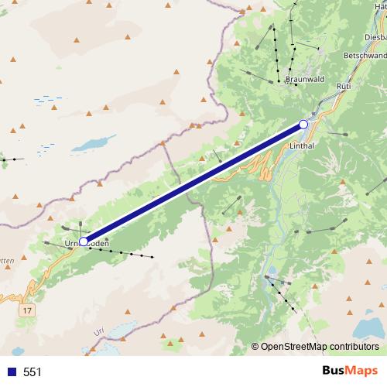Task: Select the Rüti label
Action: pyautogui.click(x=344, y=87)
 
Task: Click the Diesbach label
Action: pyautogui.click(x=373, y=36)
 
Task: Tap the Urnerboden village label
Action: pyautogui.click(x=87, y=244)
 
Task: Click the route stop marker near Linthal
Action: pyautogui.click(x=303, y=124)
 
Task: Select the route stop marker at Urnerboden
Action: pyautogui.click(x=84, y=241)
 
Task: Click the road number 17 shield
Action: pyautogui.click(x=28, y=310)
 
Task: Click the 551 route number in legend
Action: pyautogui.click(x=33, y=372)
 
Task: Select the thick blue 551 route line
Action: pyautogui.click(x=193, y=183)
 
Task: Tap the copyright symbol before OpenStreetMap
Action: pyautogui.click(x=256, y=346)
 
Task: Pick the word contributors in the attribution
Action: pyautogui.click(x=354, y=346)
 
